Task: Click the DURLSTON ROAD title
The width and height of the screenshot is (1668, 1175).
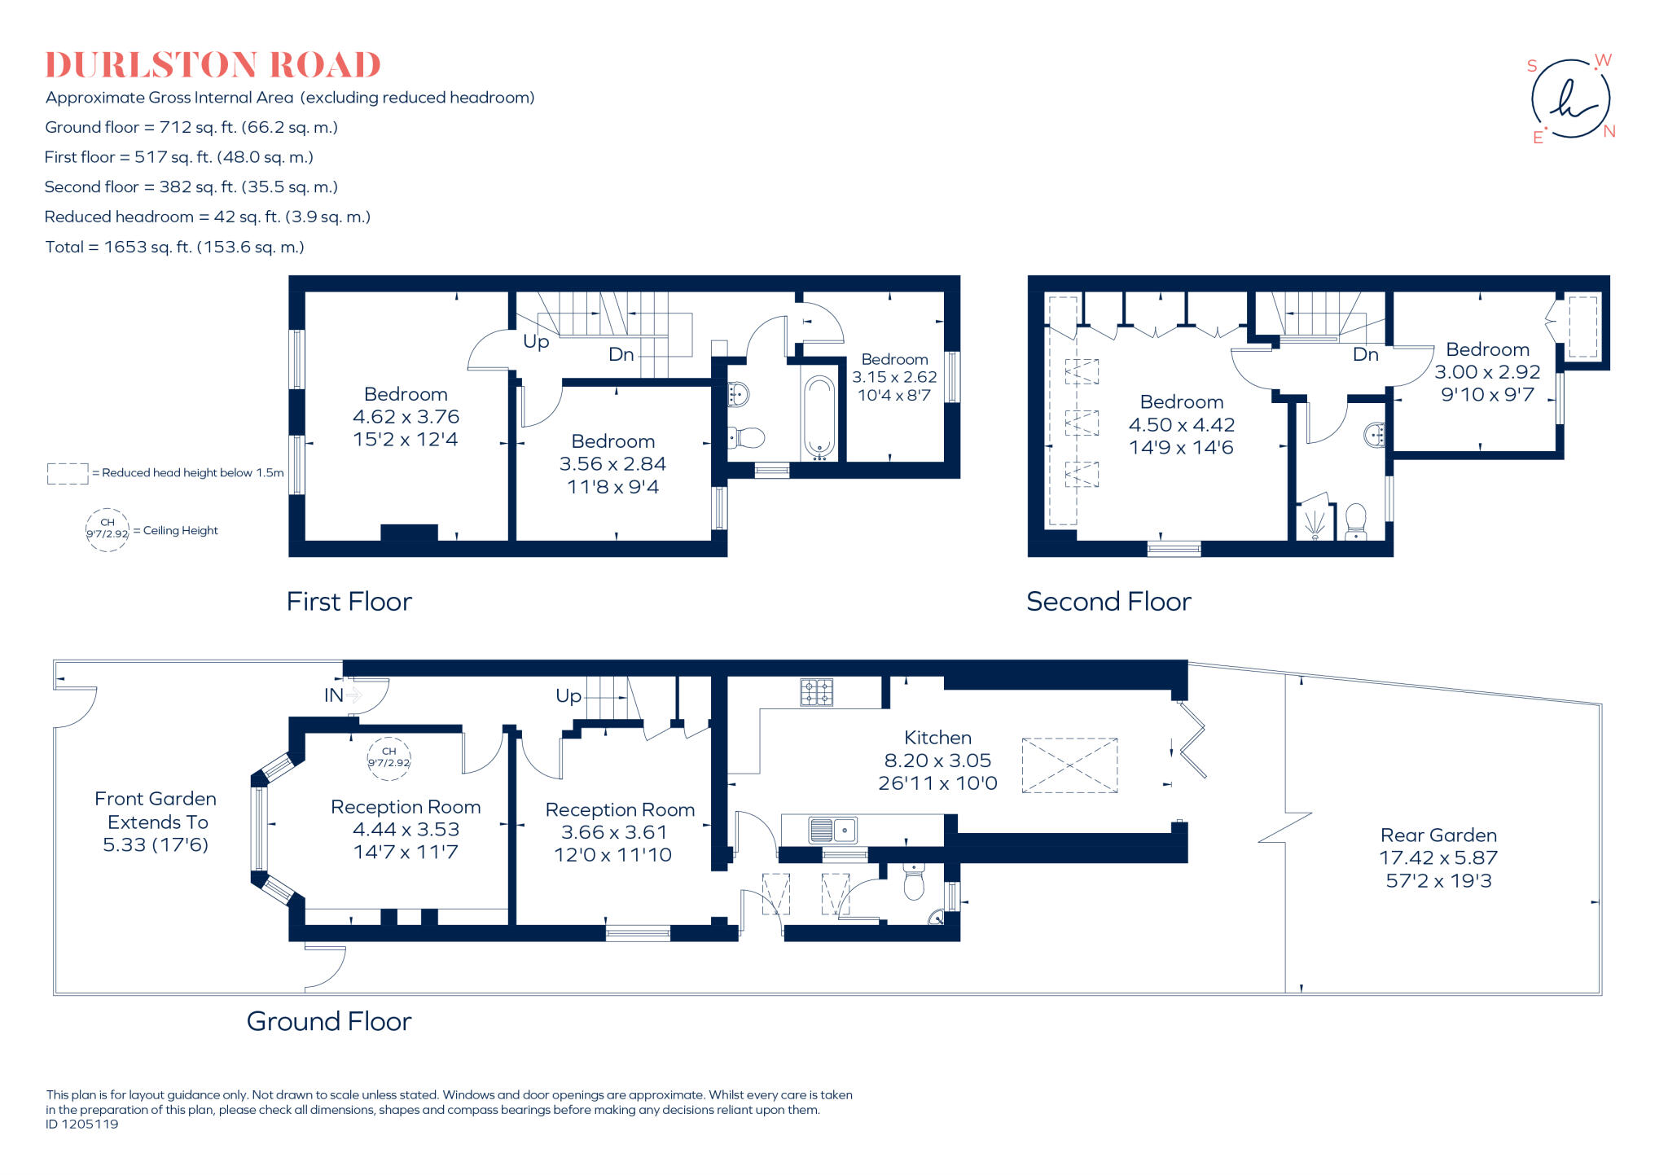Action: (x=213, y=65)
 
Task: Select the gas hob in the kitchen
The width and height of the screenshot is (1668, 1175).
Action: (x=816, y=692)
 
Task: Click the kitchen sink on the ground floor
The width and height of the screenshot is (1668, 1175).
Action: (x=832, y=830)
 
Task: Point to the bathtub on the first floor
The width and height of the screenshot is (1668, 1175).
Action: (x=819, y=415)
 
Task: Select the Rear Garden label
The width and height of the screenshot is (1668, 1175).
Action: (x=1438, y=835)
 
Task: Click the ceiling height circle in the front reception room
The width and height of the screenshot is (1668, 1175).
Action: (x=388, y=758)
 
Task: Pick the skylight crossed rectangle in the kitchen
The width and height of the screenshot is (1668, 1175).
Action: (x=1069, y=765)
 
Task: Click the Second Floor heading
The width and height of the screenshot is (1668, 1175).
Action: (x=1108, y=602)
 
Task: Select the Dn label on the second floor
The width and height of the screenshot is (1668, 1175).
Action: (x=1365, y=354)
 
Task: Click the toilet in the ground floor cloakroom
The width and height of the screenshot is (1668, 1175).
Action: (x=914, y=883)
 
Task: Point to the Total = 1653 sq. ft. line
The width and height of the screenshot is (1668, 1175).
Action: (x=174, y=247)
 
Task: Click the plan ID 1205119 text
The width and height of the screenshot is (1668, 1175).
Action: (x=81, y=1125)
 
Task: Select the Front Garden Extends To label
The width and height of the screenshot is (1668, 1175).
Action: (x=156, y=810)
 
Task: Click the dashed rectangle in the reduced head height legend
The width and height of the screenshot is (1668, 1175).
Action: (x=68, y=474)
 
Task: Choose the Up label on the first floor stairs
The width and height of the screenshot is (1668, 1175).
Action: (x=536, y=341)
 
